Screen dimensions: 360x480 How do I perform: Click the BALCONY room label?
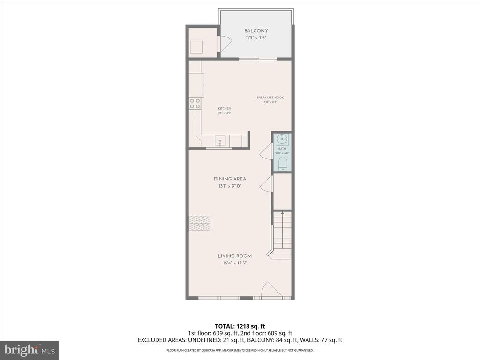(256, 31)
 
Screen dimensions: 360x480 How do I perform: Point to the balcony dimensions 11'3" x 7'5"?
(256, 38)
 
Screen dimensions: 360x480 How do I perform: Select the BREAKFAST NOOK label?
(270, 97)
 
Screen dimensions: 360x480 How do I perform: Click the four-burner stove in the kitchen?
(195, 104)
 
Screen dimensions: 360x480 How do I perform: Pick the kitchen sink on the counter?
(220, 140)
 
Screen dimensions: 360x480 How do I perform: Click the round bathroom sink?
(282, 139)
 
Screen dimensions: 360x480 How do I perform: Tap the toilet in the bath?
(282, 164)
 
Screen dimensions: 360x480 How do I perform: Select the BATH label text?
(282, 149)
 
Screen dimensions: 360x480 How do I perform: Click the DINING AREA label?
(230, 179)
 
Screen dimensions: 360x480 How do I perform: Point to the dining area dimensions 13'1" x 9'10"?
(230, 186)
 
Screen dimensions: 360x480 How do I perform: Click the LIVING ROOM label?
(234, 256)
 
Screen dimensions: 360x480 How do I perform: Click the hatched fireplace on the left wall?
(200, 223)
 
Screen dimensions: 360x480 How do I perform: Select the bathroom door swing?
(266, 151)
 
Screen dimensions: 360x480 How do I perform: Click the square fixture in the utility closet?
(196, 47)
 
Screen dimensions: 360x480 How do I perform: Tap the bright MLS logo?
(29, 350)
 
